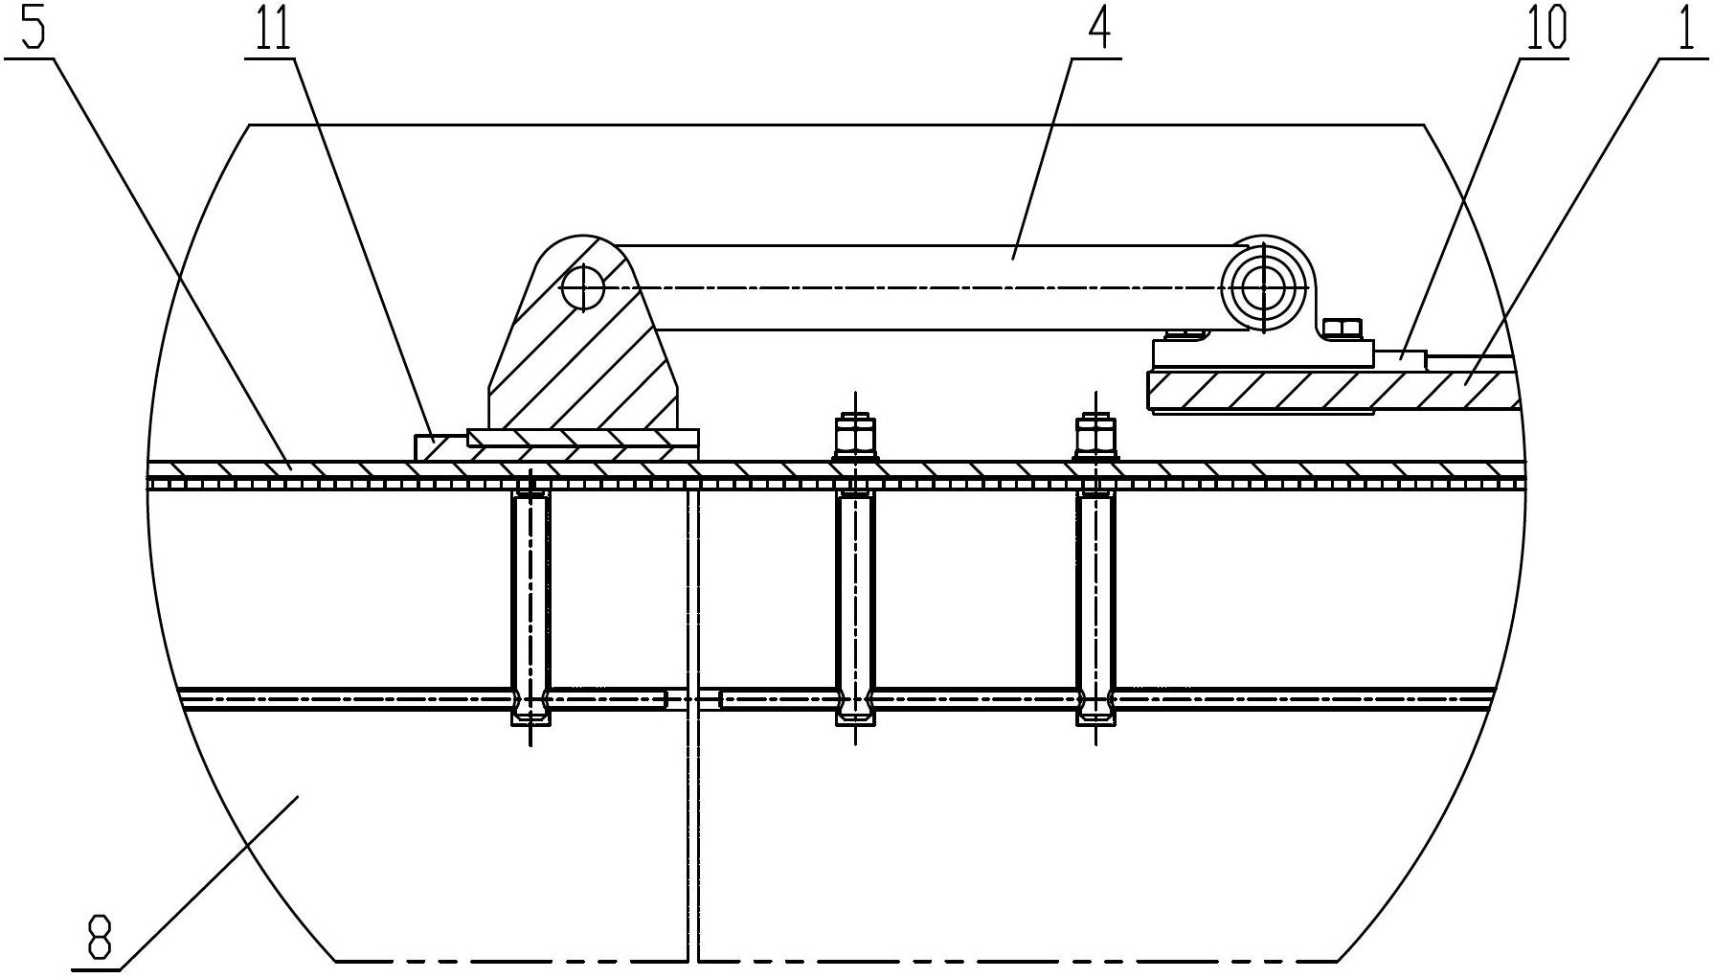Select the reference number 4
click(x=1098, y=29)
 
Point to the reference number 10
click(x=1545, y=29)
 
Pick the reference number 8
click(x=100, y=939)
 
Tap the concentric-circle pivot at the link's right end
click(x=1262, y=285)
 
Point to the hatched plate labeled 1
click(x=1331, y=392)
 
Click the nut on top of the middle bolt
click(x=854, y=437)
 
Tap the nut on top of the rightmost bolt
click(x=1094, y=437)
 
